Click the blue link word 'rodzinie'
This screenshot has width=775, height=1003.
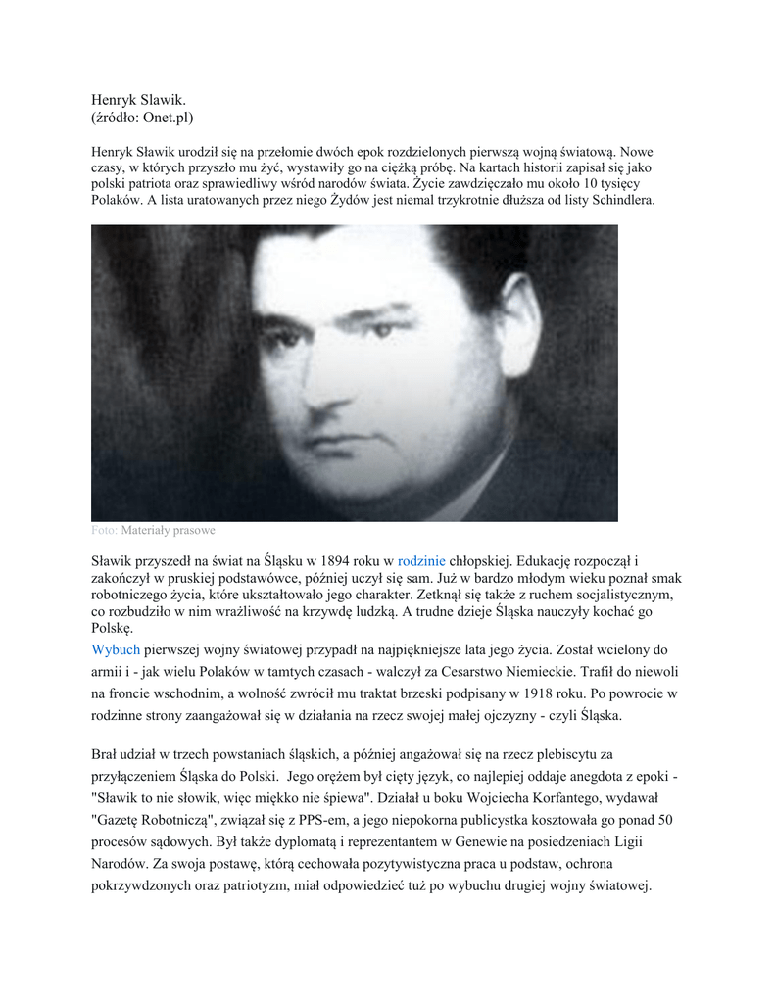pos(421,561)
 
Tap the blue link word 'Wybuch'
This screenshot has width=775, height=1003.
pos(116,649)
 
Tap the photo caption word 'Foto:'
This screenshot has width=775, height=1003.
pos(104,530)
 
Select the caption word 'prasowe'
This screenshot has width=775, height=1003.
pos(192,530)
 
